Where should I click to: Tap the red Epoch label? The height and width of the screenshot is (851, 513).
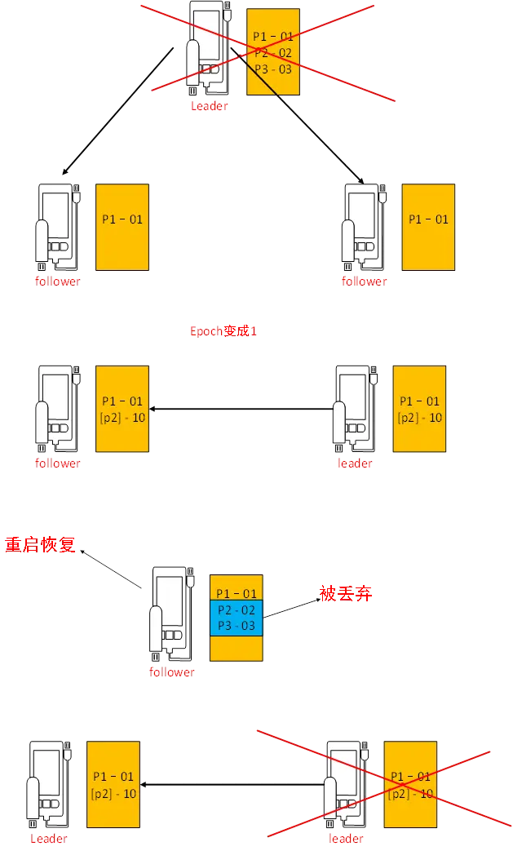coord(223,331)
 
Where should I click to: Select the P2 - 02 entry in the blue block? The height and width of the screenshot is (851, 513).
coord(236,609)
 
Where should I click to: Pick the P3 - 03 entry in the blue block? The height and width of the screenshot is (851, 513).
coord(236,626)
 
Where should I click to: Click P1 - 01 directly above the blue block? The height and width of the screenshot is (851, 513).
coord(236,593)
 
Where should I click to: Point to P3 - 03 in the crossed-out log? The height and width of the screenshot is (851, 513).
coord(272,69)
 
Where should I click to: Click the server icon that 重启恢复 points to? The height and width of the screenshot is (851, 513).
coord(170,612)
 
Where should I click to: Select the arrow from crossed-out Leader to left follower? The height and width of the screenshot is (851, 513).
coord(118,110)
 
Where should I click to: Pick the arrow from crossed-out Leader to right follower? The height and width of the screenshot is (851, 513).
coord(298,114)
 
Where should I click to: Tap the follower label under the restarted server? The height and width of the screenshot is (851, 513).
coord(171,672)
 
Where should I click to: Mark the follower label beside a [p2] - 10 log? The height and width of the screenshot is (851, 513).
coord(57,463)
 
